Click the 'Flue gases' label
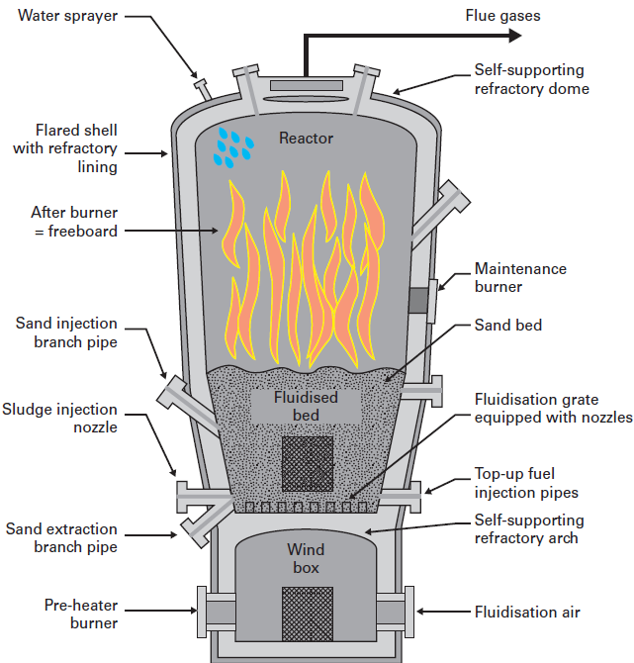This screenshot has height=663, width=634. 503,15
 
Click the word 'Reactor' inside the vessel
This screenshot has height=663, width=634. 306,138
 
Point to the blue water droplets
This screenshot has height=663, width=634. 233,145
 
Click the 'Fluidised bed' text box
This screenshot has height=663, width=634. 307,406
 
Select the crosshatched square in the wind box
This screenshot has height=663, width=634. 307,612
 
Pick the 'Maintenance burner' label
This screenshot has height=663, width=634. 520,277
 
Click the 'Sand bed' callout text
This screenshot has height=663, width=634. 508,325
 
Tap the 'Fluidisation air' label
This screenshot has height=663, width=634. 527,612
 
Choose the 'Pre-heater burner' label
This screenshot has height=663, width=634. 81,614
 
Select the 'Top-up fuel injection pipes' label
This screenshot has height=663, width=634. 526,483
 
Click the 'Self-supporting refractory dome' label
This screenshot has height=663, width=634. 531,80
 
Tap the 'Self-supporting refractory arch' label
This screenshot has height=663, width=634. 529,529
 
